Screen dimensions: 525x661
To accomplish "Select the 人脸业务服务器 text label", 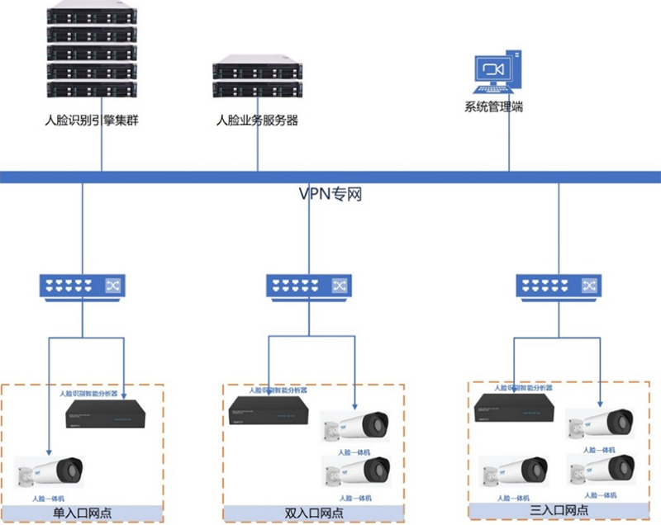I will click(x=257, y=120).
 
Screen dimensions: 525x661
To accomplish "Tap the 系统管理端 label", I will click(x=493, y=106).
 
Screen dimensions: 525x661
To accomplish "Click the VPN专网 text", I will click(x=330, y=194).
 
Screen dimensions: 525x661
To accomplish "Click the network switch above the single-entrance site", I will click(x=83, y=286).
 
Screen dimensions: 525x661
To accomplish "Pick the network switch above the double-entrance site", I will click(x=309, y=286).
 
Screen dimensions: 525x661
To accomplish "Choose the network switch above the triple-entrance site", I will click(x=559, y=286).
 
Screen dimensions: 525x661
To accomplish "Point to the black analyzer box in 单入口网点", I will click(x=106, y=413).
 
